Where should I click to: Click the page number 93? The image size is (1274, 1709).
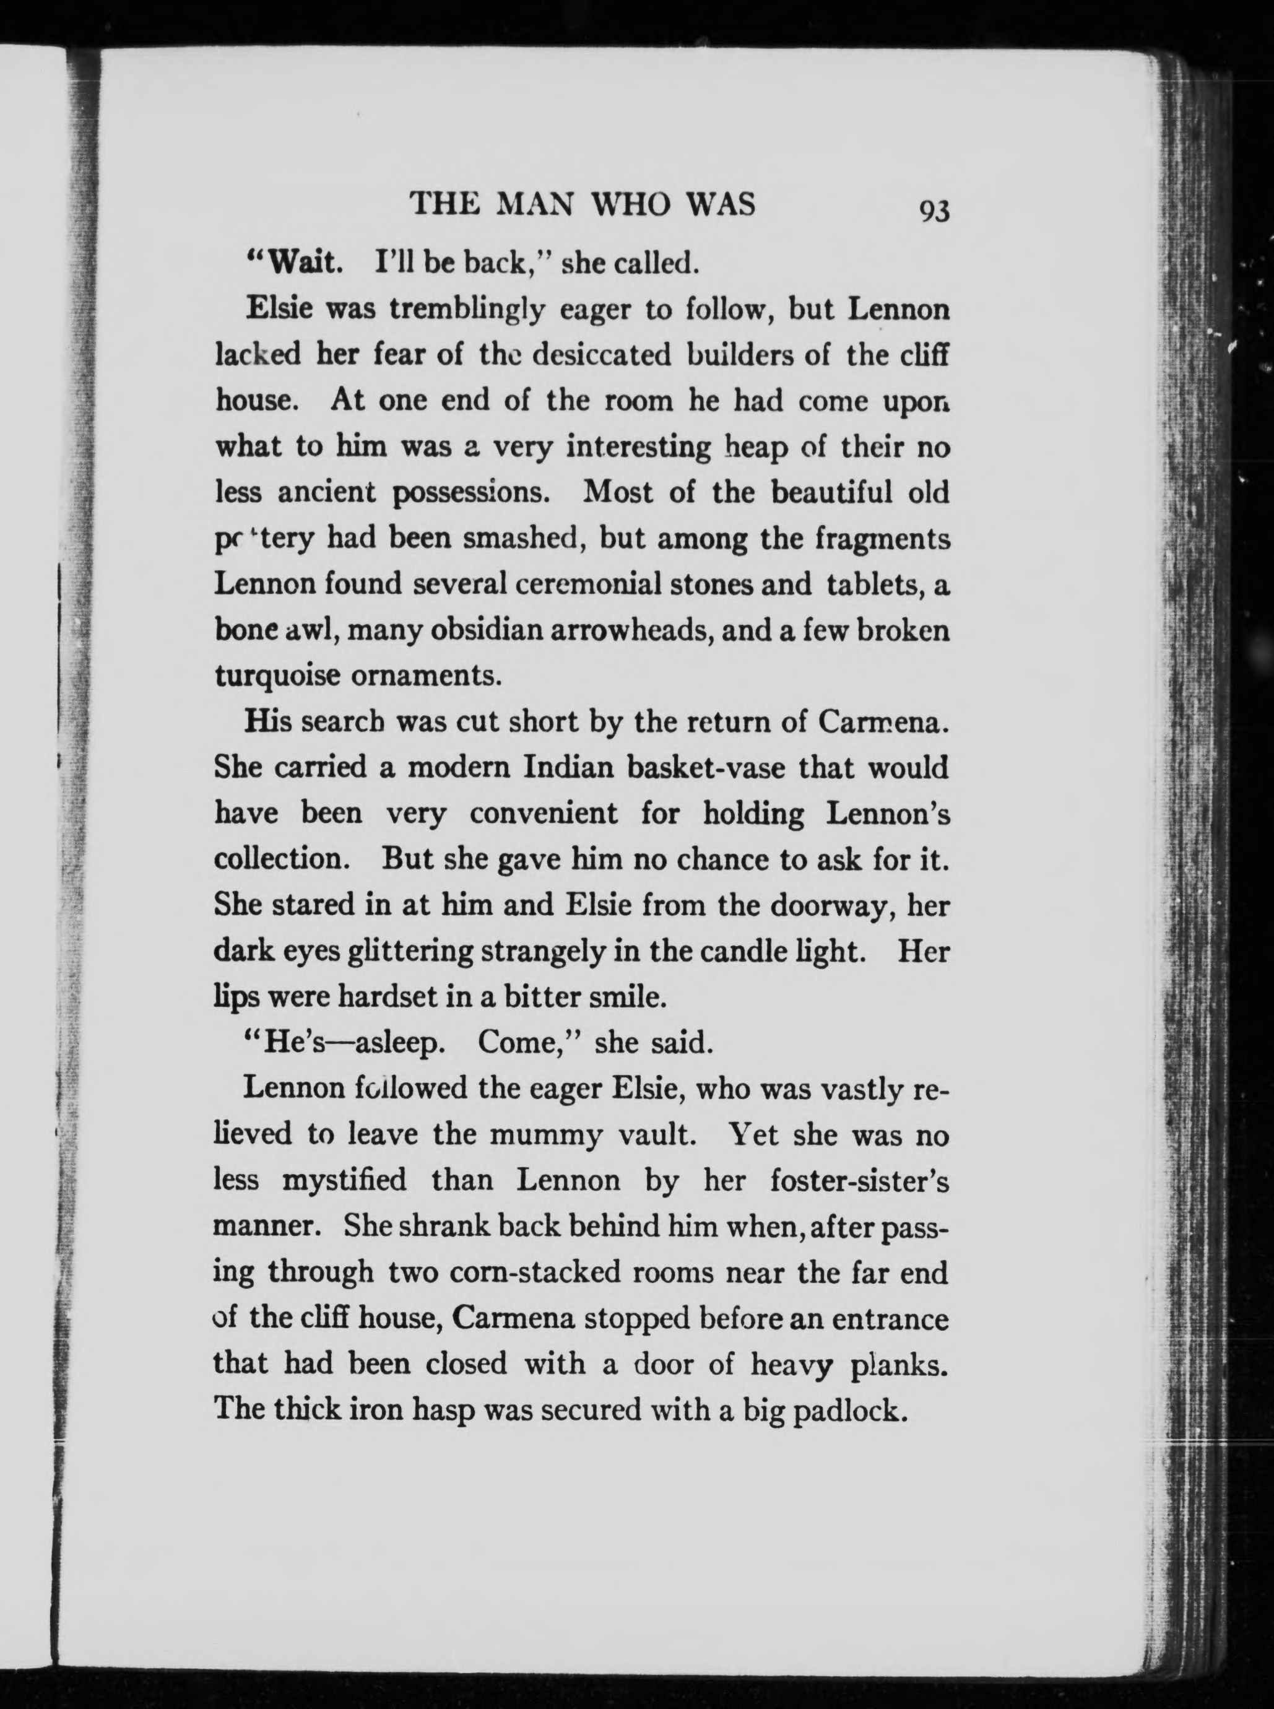point(932,211)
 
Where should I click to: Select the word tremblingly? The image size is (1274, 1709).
point(468,310)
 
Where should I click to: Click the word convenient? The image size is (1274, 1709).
point(544,814)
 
